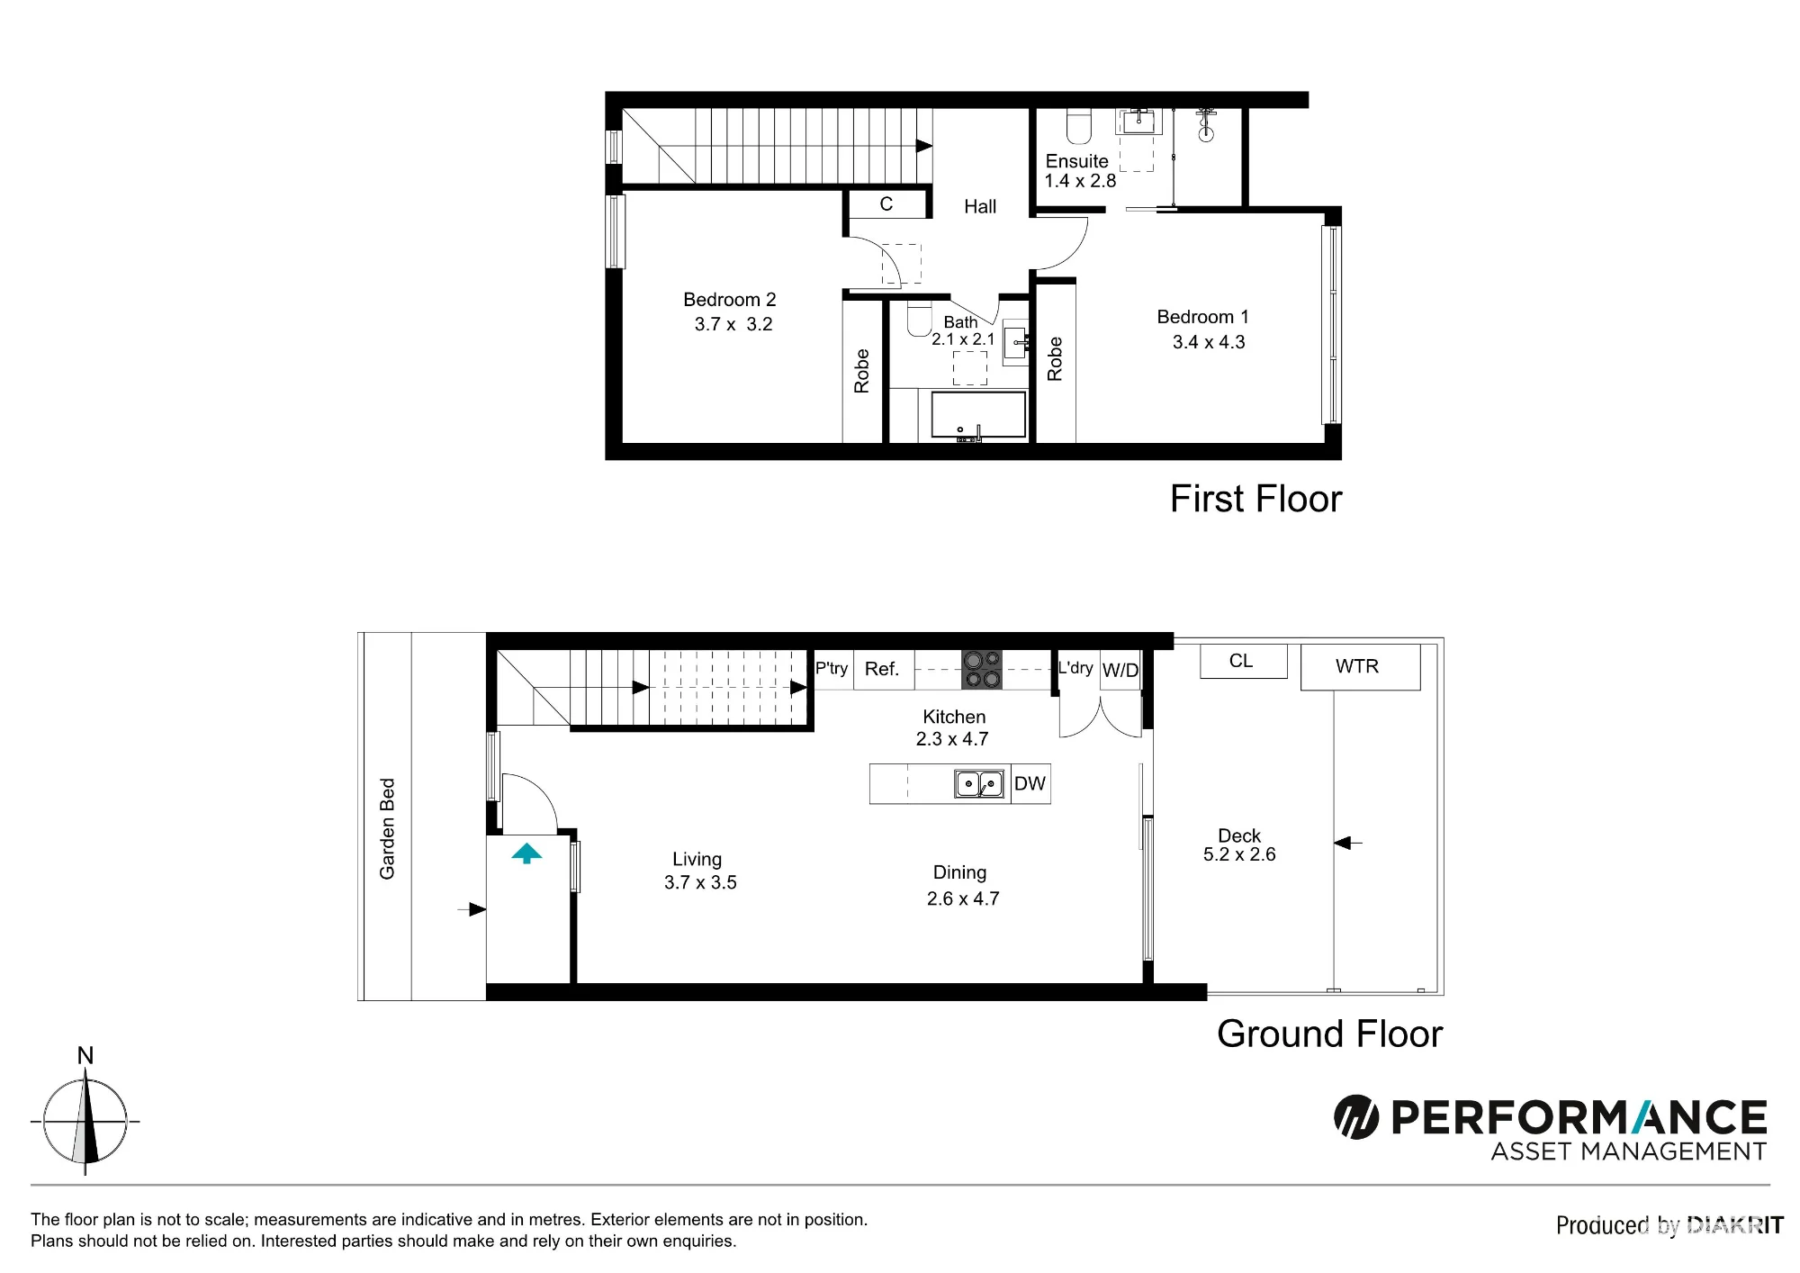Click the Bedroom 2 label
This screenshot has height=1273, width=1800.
pos(729,300)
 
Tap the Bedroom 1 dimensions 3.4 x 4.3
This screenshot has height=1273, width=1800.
pos(1209,342)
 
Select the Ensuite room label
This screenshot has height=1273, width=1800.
pos(1076,161)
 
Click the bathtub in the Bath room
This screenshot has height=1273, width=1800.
pos(978,414)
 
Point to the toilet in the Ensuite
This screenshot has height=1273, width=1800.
pos(1079,127)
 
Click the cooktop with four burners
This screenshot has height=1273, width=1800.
pos(982,670)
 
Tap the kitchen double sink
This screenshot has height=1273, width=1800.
pos(979,784)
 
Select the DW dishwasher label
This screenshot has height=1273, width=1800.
pos(1030,783)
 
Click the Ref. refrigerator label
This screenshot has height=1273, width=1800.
pos(882,669)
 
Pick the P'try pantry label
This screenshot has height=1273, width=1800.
pos(832,668)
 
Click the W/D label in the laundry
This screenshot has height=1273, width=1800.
pos(1120,670)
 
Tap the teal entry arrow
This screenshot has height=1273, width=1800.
pos(526,853)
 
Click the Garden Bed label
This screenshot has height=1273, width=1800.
pos(387,828)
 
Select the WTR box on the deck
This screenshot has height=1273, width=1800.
pos(1360,667)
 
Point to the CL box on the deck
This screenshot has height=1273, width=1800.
pos(1243,661)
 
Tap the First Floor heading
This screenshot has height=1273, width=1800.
pos(1255,499)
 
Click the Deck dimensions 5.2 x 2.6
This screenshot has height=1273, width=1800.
pos(1239,854)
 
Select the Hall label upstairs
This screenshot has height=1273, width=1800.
pos(980,206)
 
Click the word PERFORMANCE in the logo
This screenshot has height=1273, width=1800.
pos(1579,1118)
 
